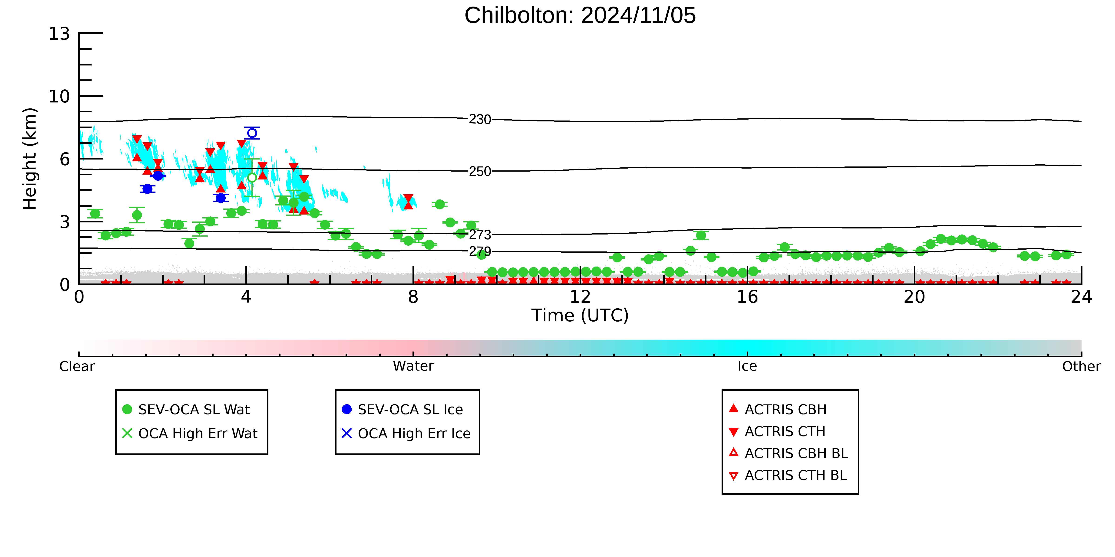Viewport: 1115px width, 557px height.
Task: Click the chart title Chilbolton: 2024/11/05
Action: (x=580, y=16)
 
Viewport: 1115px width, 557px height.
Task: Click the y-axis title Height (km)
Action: (x=30, y=159)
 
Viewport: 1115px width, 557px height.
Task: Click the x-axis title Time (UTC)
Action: (x=580, y=315)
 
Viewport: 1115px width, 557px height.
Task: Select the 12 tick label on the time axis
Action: (x=580, y=297)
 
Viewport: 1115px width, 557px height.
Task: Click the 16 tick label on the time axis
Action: (x=747, y=297)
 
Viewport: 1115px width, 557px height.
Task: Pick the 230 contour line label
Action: (x=480, y=119)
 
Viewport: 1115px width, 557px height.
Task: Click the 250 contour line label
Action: (x=480, y=171)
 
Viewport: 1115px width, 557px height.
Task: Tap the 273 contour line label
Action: (x=480, y=235)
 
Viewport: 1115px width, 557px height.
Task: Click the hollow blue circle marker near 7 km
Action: (x=252, y=133)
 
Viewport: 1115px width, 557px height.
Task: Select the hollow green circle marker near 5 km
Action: (x=252, y=178)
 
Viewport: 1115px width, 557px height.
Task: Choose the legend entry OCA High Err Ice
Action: (x=406, y=433)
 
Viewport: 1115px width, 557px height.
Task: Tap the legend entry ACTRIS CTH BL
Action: (x=788, y=475)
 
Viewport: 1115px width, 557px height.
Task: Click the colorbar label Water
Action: (x=413, y=366)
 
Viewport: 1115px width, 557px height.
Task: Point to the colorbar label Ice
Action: (x=747, y=366)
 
